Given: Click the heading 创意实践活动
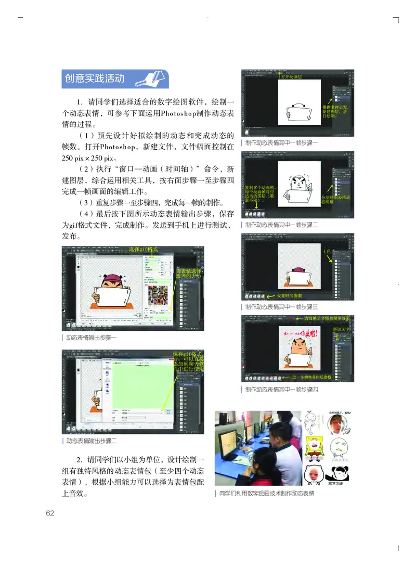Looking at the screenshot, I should (95, 79).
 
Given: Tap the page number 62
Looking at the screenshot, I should (50, 513).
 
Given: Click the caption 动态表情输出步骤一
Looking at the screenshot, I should (92, 338).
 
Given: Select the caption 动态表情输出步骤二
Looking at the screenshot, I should (92, 441).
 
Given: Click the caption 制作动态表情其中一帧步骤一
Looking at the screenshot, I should (281, 143).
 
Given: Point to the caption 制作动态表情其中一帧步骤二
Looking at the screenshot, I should (281, 225).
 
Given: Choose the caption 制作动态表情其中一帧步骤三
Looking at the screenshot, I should (281, 307).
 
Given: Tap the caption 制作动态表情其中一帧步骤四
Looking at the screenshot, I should (281, 389).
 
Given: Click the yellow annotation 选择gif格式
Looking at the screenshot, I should (144, 250).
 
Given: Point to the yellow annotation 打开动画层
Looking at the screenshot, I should (291, 76).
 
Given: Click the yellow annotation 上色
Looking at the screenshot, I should (327, 251).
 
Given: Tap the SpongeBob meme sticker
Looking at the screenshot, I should (314, 449).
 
